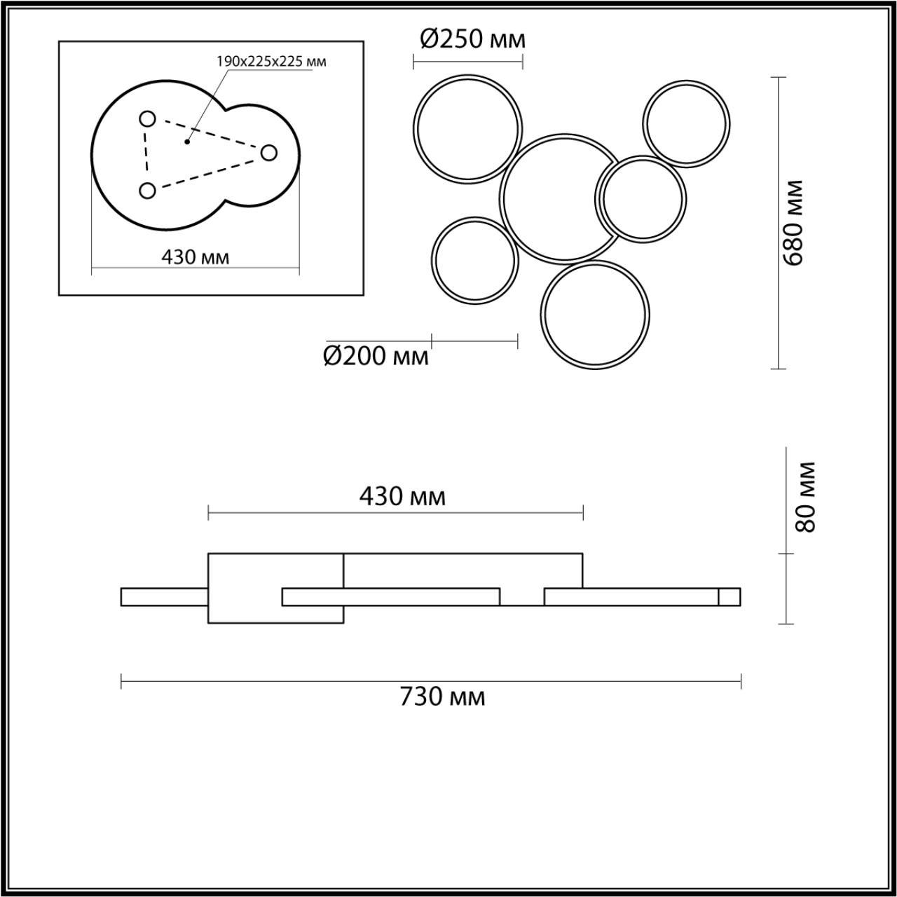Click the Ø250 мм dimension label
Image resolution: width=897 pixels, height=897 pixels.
(x=472, y=39)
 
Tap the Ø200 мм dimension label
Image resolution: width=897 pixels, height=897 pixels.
(x=376, y=357)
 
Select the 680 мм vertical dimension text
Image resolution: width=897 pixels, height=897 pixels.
(x=793, y=223)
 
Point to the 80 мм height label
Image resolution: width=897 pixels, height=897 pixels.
(x=806, y=497)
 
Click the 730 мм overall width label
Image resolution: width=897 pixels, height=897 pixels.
(x=443, y=710)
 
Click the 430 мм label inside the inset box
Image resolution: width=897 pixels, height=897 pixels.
(x=195, y=256)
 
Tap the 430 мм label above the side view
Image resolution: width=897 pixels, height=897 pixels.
(x=403, y=497)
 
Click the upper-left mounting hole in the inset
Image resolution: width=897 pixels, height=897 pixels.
(x=148, y=119)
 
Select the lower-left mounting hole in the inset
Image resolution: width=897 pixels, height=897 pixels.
(x=148, y=191)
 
